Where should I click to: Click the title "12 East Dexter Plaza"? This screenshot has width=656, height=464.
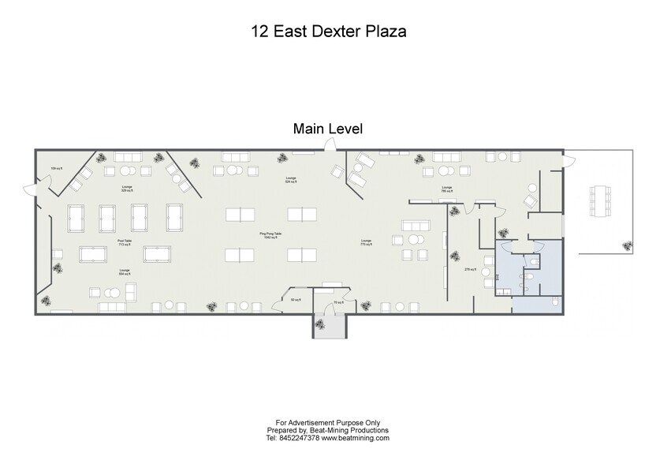328,32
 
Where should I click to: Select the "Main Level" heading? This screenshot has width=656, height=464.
328,128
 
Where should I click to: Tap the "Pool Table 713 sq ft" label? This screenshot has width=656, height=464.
125,242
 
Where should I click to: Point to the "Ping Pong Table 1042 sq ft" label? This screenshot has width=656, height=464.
270,235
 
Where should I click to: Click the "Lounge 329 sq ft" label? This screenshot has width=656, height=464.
126,189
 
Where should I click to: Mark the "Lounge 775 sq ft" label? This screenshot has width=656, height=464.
366,242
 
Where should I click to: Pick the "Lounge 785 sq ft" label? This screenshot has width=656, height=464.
445,189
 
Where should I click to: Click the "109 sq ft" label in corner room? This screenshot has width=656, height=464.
56,168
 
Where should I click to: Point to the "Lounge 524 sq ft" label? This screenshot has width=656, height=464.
291,180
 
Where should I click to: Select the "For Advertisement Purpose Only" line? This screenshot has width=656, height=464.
328,422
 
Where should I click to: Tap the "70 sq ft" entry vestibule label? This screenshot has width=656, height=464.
337,301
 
